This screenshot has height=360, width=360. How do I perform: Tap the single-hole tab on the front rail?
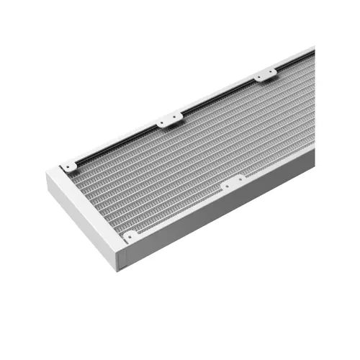click(x=130, y=235)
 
